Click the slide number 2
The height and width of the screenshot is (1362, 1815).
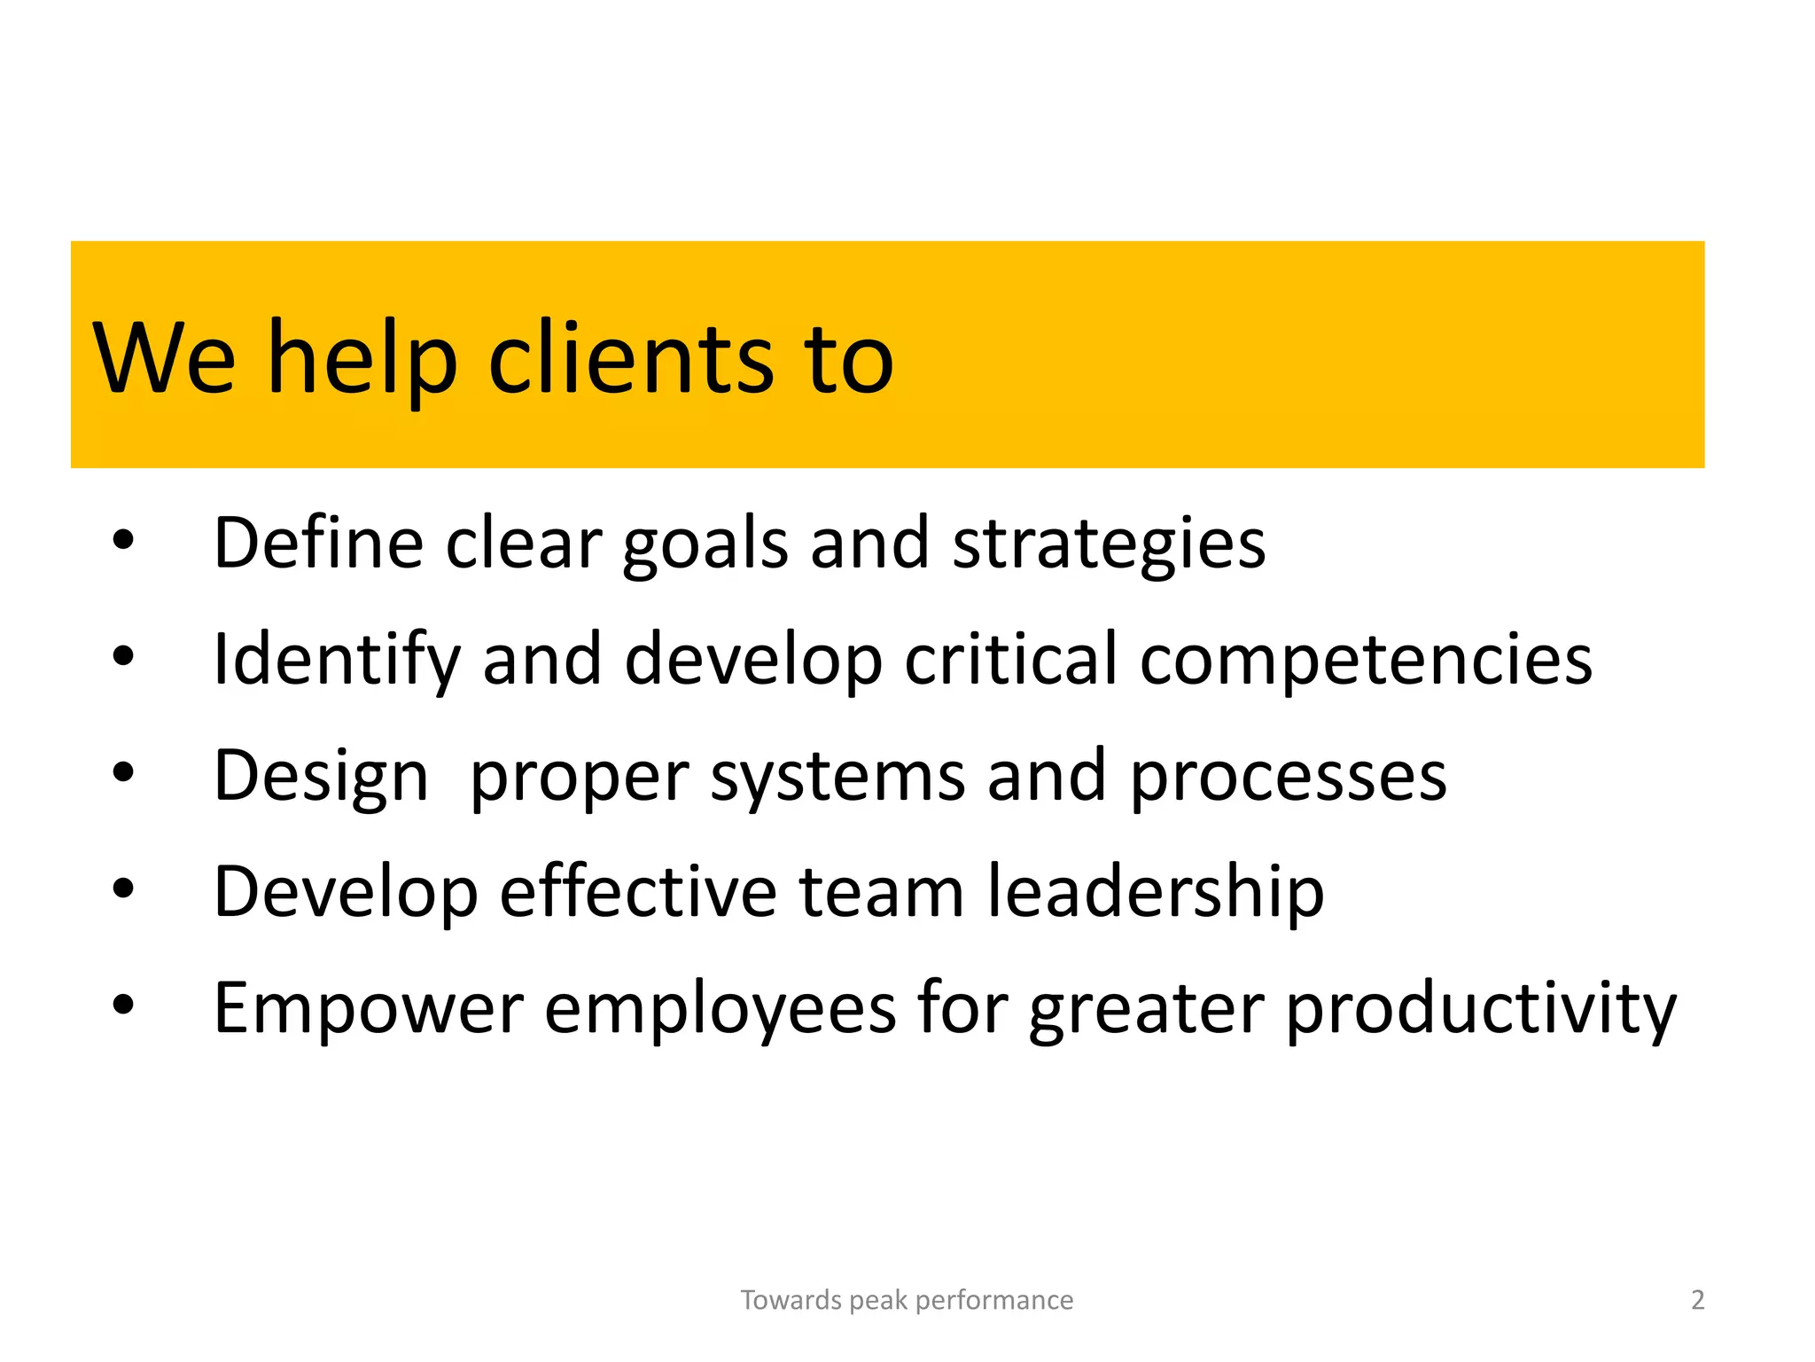tap(1697, 1300)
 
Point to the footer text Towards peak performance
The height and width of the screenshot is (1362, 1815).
tap(907, 1300)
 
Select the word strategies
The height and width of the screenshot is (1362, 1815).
tap(1109, 543)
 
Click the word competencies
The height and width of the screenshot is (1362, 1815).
tap(1366, 660)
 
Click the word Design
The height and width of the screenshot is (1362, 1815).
tap(322, 777)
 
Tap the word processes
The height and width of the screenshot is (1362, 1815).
tap(1288, 777)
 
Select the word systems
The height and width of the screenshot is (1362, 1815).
tap(837, 777)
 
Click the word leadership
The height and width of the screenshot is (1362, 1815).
tap(1156, 891)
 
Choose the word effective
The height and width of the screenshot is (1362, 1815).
tap(638, 891)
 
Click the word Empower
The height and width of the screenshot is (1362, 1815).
tap(369, 1008)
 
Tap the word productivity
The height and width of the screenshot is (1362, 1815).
tap(1481, 1008)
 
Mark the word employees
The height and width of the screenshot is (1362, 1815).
tap(720, 1008)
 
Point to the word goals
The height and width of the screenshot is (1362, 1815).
tap(705, 544)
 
